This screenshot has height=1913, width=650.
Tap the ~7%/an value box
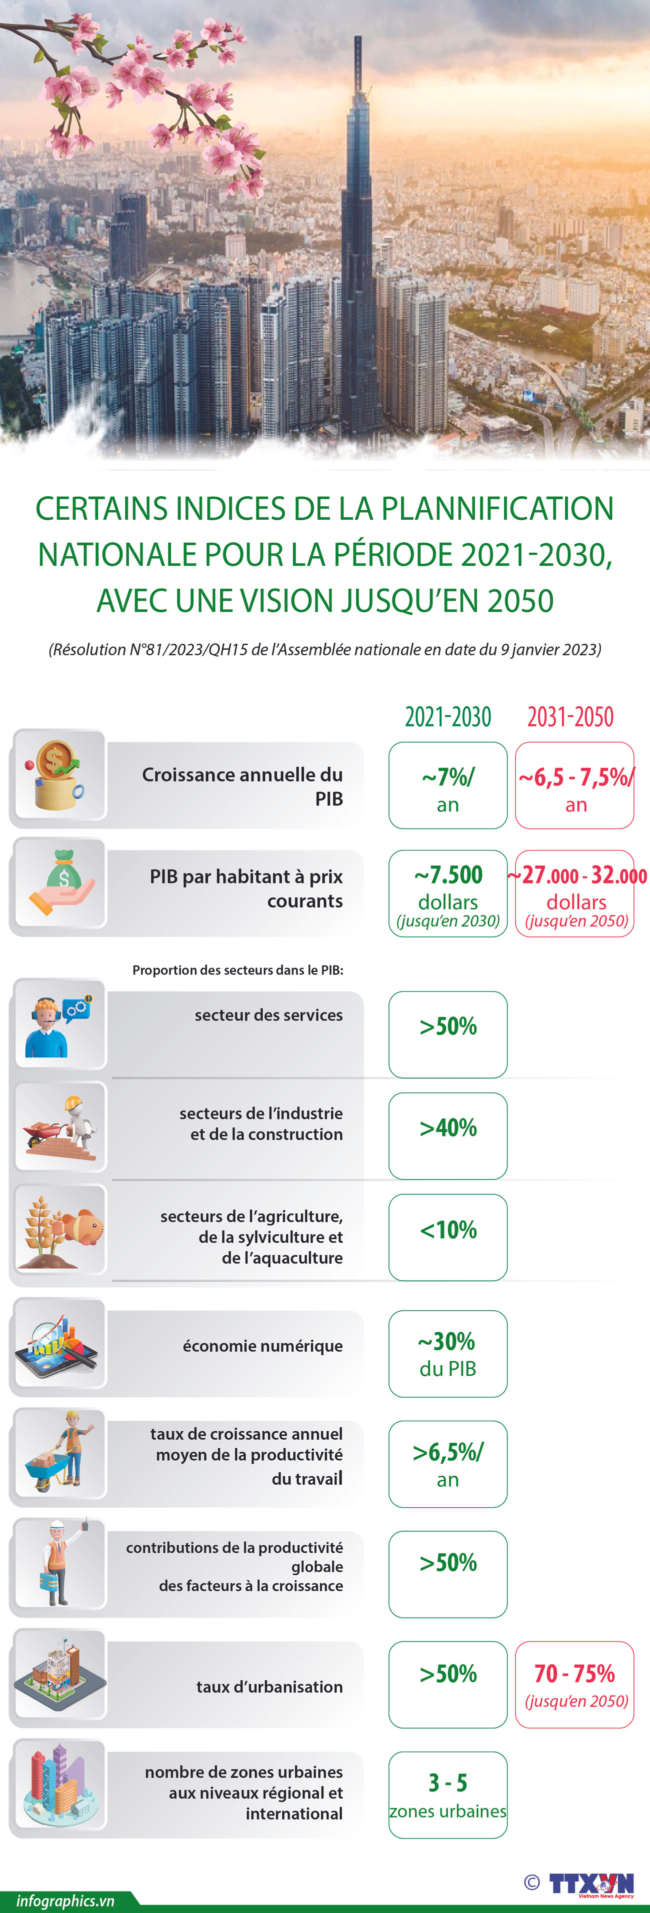(x=448, y=785)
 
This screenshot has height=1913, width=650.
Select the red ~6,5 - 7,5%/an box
(x=574, y=785)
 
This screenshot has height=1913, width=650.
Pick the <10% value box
(x=448, y=1237)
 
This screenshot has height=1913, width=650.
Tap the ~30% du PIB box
(x=448, y=1354)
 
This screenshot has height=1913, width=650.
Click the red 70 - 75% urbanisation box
(x=574, y=1684)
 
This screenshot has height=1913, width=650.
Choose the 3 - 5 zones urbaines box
(x=448, y=1795)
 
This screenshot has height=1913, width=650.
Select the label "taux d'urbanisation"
(x=269, y=1687)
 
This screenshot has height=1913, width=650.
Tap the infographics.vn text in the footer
(x=65, y=1901)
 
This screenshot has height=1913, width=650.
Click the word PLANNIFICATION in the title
(x=497, y=509)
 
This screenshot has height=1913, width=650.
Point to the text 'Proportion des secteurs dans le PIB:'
(x=237, y=970)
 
